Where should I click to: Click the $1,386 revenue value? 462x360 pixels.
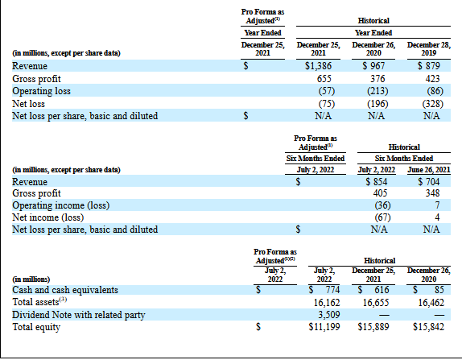point(318,66)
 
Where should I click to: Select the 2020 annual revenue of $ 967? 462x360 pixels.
point(373,66)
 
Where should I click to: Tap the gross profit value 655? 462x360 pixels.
point(324,79)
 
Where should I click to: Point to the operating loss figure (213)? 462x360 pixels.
point(377,91)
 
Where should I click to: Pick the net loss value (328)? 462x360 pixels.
point(432,104)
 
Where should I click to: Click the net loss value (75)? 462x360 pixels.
point(327,104)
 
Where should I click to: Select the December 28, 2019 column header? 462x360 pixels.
point(429,49)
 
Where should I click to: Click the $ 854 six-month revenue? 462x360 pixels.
point(376,182)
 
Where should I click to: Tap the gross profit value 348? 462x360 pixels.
point(432,193)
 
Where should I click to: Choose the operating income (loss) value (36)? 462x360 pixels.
point(382,205)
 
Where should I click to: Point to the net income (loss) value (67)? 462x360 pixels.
point(382,217)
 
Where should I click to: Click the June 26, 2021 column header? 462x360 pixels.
point(429,170)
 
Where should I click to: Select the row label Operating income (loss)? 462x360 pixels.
point(60,205)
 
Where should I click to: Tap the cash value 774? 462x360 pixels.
point(332,290)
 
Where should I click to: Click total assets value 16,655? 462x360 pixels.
point(376,303)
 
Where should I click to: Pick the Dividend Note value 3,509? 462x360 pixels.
point(329,315)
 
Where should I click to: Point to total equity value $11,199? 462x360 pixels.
point(324,327)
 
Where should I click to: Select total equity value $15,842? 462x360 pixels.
point(428,327)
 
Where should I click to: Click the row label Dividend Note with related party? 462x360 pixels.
point(79,315)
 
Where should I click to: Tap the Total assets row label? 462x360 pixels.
point(39,302)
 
